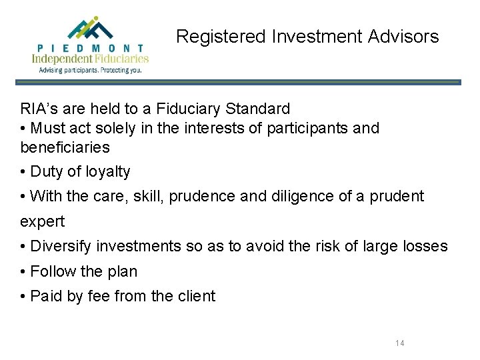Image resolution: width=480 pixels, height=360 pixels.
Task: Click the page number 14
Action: (400, 343)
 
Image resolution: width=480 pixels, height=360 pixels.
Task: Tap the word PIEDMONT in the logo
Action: (90, 48)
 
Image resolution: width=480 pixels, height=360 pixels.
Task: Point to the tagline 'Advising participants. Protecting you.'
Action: (90, 69)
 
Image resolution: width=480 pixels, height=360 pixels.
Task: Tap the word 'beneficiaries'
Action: (65, 147)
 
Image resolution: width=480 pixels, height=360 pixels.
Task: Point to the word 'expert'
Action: (42, 221)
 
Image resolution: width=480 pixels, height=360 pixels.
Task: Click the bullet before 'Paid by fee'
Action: (23, 297)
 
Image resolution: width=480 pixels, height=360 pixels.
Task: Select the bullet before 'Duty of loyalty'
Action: (23, 171)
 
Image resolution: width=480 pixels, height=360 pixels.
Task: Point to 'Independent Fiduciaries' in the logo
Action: (90, 59)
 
